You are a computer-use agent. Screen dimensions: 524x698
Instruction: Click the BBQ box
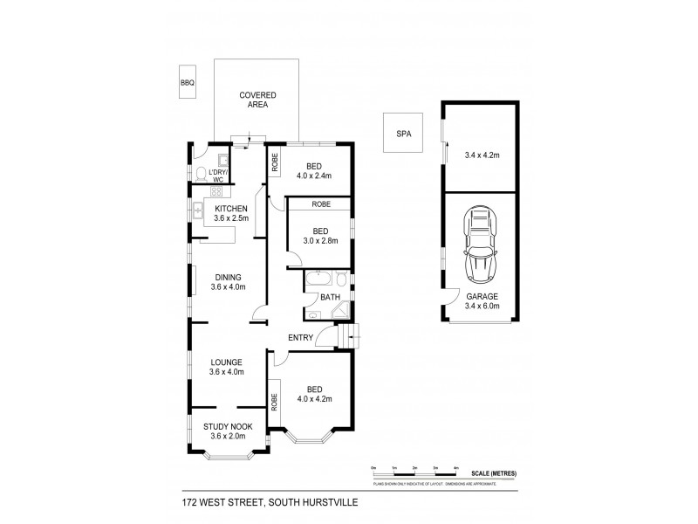pos(187,81)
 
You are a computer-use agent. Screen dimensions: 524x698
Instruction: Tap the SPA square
pos(403,134)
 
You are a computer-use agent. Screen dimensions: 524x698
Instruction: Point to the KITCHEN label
pos(232,208)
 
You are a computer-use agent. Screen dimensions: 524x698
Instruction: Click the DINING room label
pos(229,278)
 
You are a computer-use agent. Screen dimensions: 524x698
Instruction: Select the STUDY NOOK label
pos(229,426)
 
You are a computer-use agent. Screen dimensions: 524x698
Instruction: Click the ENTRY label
pos(301,337)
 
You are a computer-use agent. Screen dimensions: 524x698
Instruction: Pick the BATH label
pos(330,297)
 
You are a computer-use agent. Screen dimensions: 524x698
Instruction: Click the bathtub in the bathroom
pos(317,280)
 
